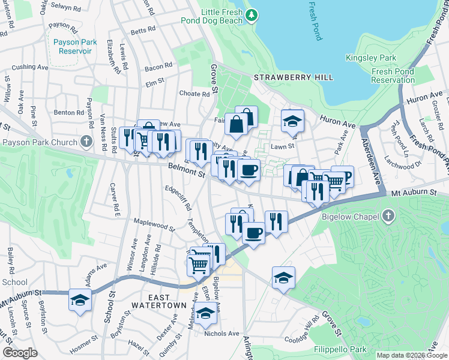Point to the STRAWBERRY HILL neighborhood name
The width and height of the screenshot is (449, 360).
[285, 78]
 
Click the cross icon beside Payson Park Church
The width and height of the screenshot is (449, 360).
[87, 142]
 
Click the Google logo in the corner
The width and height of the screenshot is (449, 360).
[20, 353]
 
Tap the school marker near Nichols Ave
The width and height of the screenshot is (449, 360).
[205, 313]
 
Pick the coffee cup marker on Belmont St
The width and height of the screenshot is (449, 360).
[248, 169]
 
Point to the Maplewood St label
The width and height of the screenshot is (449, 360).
[154, 224]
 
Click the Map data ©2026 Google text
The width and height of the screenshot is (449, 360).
[412, 355]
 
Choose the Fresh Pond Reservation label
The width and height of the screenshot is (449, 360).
[393, 76]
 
